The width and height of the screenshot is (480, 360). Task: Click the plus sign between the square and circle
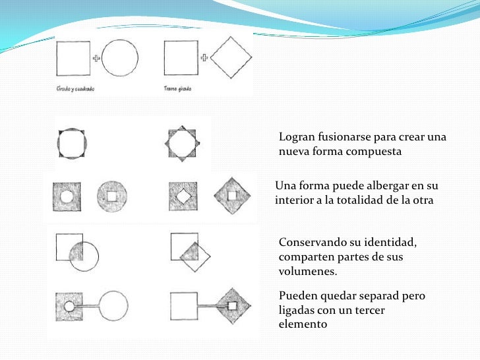click(96, 59)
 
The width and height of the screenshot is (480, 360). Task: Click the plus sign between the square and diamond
click(204, 58)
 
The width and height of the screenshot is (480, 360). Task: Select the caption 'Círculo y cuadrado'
click(75, 88)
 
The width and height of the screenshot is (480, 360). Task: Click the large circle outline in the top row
click(120, 58)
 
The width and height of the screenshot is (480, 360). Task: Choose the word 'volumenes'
click(307, 271)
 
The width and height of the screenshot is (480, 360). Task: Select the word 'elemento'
click(303, 324)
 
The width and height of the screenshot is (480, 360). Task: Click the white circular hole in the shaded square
click(67, 196)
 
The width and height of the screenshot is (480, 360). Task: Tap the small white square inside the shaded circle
click(111, 196)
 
